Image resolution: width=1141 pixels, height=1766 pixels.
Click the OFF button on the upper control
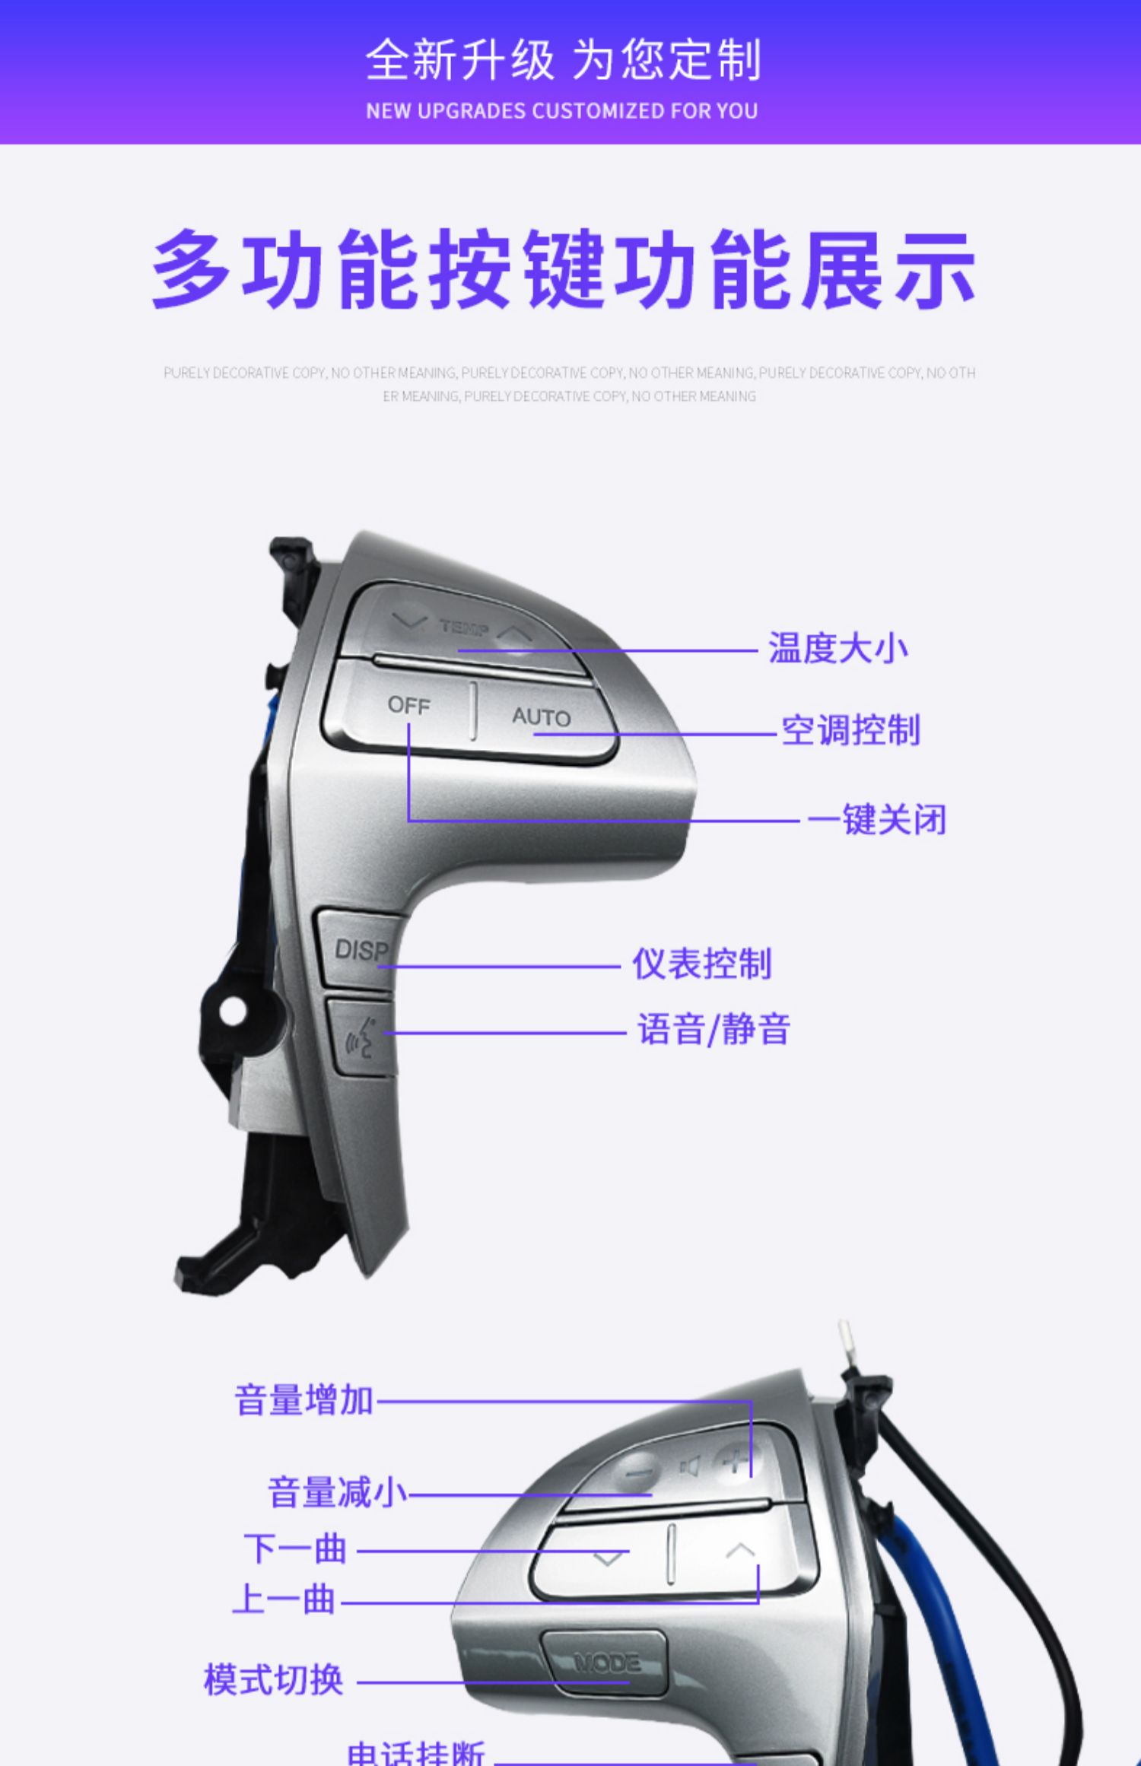pos(408,706)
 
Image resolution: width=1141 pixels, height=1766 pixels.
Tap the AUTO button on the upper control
pos(541,716)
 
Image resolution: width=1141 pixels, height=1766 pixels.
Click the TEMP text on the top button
pos(463,627)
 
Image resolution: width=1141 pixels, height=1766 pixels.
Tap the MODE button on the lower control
pos(606,1663)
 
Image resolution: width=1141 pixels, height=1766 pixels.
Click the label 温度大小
pos(837,649)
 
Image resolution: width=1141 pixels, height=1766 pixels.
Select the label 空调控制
pos(850,731)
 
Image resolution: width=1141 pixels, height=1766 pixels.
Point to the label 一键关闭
pos(876,821)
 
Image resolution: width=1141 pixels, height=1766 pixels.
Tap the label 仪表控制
pos(701,964)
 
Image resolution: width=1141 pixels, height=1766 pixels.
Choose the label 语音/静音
pos(714,1031)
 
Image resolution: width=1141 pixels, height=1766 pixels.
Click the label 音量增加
pos(304,1400)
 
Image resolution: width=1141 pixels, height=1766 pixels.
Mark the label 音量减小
pos(338,1492)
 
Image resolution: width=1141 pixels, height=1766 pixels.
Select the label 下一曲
pos(295,1549)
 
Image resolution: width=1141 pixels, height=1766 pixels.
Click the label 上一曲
pos(284,1599)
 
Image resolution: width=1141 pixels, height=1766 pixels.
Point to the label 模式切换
pos(273,1680)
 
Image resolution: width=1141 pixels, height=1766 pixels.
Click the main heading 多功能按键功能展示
pos(564,269)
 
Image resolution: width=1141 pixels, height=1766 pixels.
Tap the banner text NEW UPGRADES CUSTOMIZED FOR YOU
pos(562,111)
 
